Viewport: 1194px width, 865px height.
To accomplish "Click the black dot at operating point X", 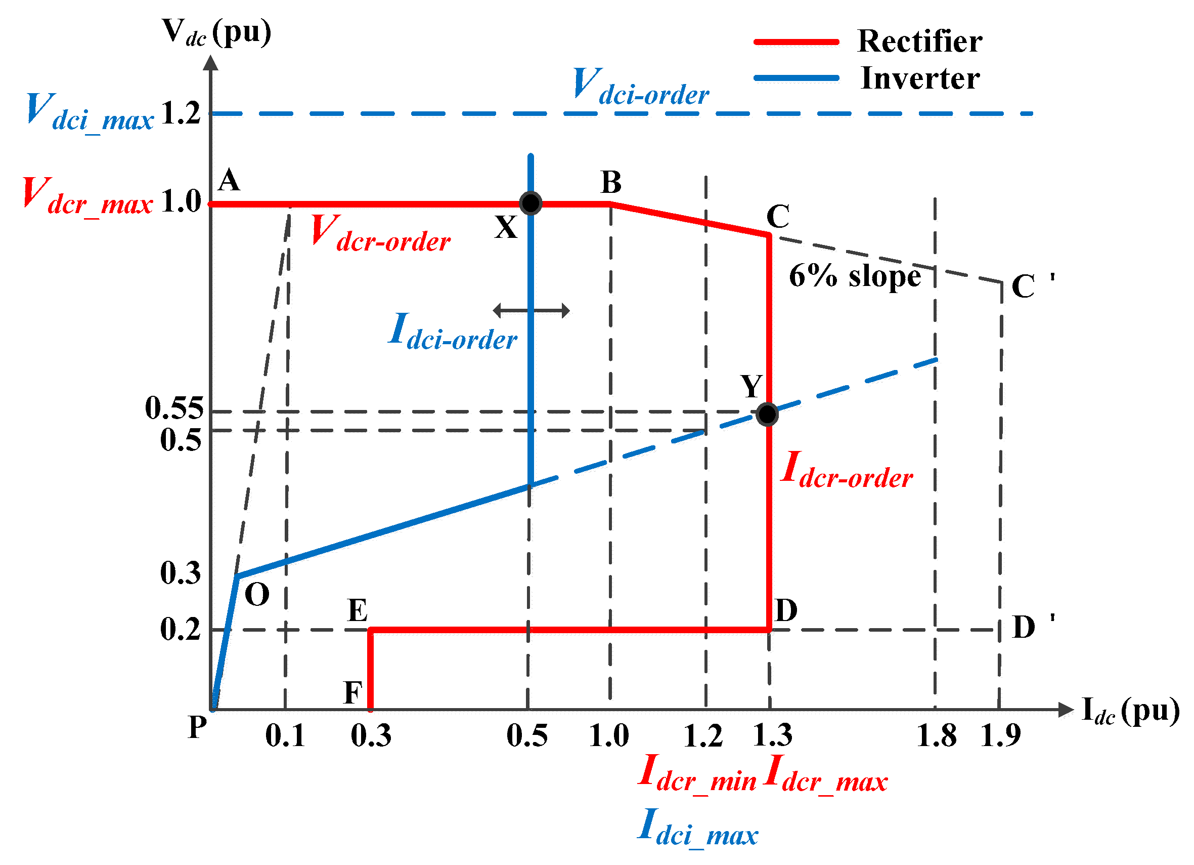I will click(530, 203).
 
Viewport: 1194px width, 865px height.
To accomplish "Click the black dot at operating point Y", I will click(767, 414).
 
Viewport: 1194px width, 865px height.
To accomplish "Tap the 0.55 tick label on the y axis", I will click(174, 408).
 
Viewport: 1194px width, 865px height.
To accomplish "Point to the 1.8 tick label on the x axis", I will click(936, 735).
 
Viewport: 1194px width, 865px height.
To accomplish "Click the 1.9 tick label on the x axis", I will click(1000, 735).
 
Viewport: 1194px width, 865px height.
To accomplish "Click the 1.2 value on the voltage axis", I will click(181, 113).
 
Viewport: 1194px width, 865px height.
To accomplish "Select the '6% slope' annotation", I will click(855, 276).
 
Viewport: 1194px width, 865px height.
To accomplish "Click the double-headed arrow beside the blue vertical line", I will click(531, 310).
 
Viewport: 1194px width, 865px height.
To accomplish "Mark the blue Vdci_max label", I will click(90, 112).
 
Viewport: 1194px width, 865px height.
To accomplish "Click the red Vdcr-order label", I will click(380, 233).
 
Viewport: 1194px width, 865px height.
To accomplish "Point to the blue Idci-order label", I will click(453, 332).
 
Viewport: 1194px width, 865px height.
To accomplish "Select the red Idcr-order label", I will click(847, 470).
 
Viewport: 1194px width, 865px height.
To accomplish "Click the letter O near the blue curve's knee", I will click(257, 595).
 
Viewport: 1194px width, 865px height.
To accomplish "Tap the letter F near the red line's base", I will click(352, 693).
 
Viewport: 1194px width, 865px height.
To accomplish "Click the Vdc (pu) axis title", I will click(216, 33).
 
